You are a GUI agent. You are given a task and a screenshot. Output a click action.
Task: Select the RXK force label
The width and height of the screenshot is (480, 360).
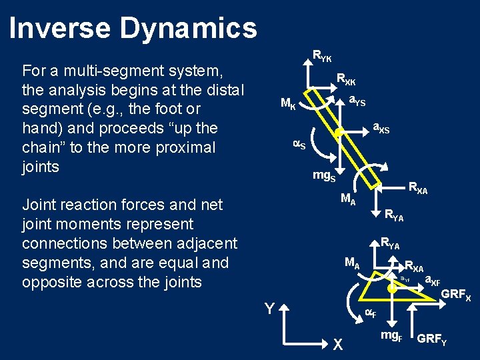pyautogui.click(x=346, y=79)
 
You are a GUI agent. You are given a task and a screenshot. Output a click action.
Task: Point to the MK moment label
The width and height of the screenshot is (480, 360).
pyautogui.click(x=289, y=104)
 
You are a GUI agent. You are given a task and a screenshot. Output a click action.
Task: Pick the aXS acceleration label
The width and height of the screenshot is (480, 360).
pyautogui.click(x=380, y=128)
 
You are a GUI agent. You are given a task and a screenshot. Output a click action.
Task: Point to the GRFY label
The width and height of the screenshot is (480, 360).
pyautogui.click(x=431, y=340)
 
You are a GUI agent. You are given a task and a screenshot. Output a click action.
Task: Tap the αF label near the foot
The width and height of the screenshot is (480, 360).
pyautogui.click(x=369, y=314)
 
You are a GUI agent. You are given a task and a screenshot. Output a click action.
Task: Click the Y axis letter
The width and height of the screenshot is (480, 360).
pyautogui.click(x=269, y=308)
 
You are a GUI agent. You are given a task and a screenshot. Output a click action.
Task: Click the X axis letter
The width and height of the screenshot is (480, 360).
pyautogui.click(x=338, y=344)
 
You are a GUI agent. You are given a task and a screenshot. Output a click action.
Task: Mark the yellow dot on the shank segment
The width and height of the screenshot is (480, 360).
pyautogui.click(x=339, y=133)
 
